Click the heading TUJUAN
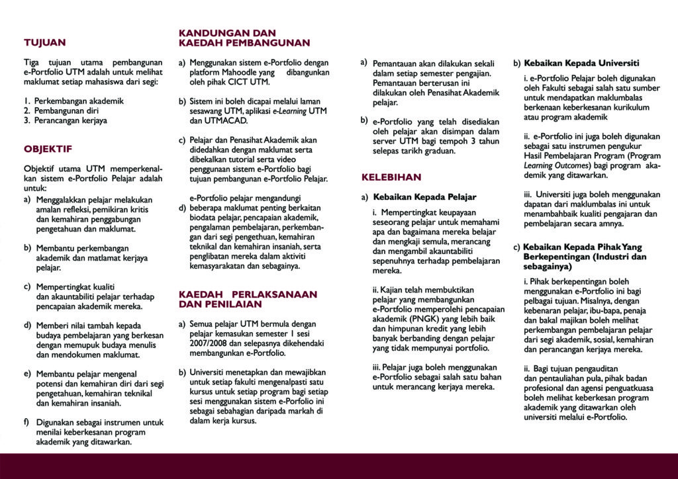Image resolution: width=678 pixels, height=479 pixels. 45,43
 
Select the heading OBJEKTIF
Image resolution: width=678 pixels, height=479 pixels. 48,149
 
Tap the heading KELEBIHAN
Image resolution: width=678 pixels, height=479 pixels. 391,177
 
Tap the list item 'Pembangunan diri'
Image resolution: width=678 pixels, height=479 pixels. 68,110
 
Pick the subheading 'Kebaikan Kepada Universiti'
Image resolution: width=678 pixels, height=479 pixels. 581,64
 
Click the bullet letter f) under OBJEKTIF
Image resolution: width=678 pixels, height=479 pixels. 27,421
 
